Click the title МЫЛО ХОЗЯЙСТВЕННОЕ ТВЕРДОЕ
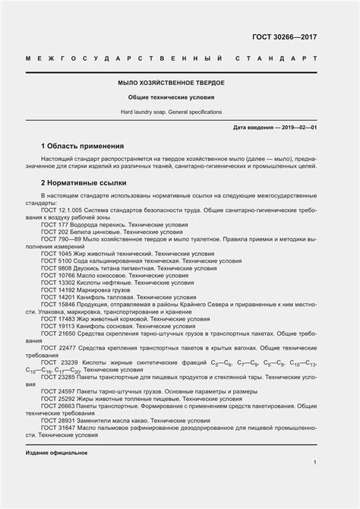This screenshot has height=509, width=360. [180, 83]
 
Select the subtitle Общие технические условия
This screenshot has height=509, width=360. [180, 97]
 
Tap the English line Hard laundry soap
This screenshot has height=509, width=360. [180, 112]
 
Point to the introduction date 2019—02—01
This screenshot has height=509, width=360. [298, 127]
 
